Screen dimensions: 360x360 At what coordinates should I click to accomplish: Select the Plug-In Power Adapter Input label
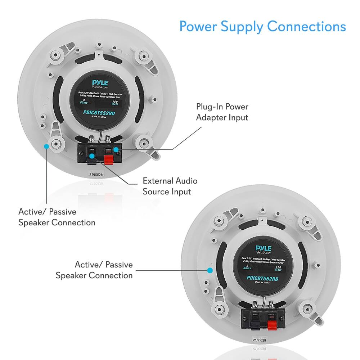222,112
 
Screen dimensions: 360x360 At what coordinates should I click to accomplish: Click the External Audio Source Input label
170,186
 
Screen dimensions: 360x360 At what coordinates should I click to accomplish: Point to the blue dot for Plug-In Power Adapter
116,149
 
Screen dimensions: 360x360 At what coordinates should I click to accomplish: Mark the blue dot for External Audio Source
93,156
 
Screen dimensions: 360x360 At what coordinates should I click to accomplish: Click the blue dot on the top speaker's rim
46,146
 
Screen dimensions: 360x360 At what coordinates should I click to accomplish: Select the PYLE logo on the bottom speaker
264,248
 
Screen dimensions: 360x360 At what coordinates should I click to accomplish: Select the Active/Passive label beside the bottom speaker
94,270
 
